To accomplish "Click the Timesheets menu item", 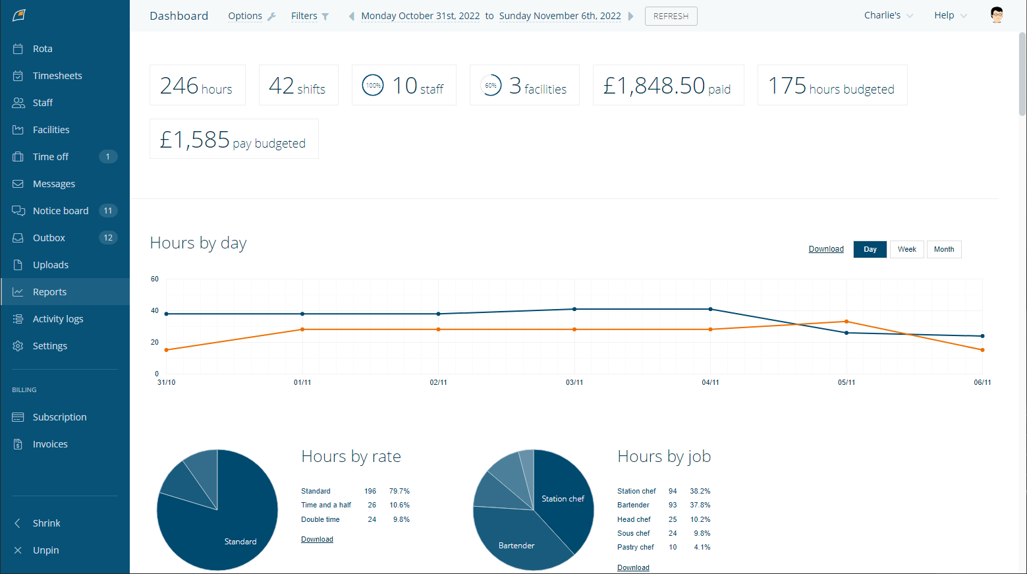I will point(57,76).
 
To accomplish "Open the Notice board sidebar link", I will point(60,211).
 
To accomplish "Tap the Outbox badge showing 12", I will point(108,238).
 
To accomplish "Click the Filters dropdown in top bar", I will point(310,16).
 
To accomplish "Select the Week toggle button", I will point(906,249).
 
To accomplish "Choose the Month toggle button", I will point(943,249).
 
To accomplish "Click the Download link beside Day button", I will point(826,249).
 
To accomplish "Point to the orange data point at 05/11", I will point(847,322).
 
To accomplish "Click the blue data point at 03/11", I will point(574,309).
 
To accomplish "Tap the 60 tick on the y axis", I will point(155,279).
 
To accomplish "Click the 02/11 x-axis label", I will point(438,382).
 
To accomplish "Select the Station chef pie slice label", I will point(563,499).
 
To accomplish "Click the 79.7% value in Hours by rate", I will point(399,491).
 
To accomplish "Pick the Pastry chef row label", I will point(635,547).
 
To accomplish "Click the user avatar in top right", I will point(996,15).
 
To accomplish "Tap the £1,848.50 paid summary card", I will point(667,85).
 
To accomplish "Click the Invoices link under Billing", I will point(50,444).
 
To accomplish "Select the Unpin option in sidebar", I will point(45,550).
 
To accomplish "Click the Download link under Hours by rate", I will point(317,539).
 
